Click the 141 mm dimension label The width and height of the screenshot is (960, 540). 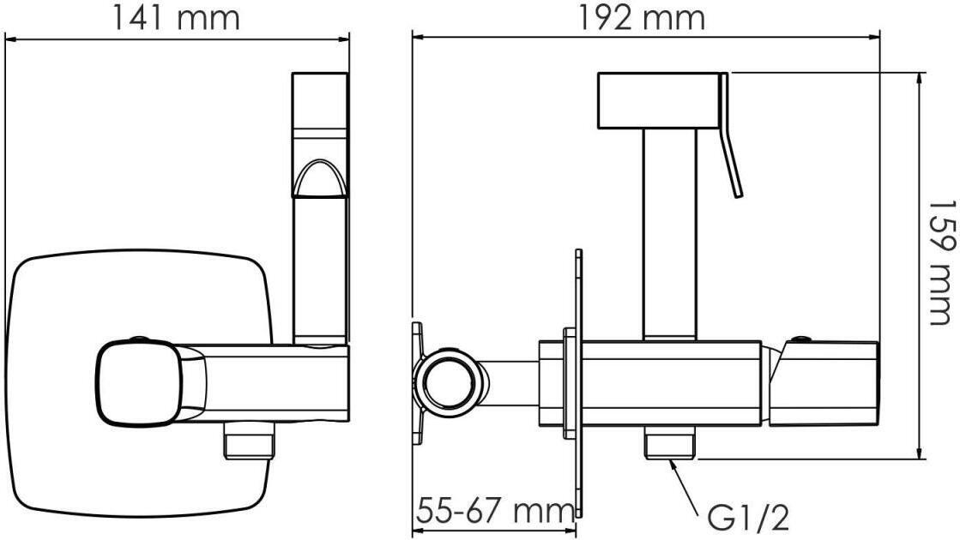tap(176, 18)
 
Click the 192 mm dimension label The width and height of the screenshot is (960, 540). tap(642, 18)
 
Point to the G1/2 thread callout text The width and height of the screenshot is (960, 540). tap(748, 518)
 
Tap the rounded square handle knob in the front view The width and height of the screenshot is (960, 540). tap(139, 383)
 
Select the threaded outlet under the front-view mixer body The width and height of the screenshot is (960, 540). tap(249, 440)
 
